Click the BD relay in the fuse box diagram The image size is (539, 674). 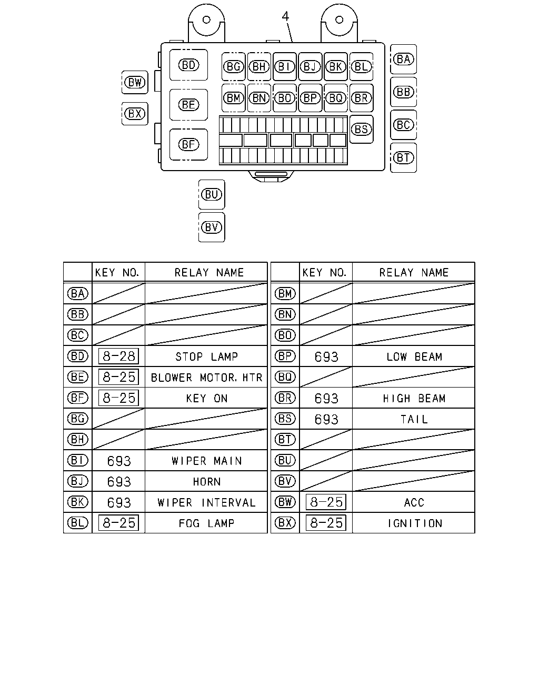point(188,65)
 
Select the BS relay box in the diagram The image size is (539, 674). point(361,129)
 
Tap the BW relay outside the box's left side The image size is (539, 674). point(135,82)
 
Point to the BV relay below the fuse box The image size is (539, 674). point(212,227)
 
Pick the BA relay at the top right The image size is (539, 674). point(403,59)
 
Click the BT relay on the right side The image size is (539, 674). point(403,157)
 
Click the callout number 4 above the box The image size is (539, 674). point(285,16)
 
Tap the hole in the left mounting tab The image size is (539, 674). point(206,19)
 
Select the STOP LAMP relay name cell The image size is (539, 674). point(206,356)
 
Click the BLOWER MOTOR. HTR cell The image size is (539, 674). point(206,378)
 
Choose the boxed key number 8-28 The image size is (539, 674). point(119,356)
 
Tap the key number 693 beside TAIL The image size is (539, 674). point(326,419)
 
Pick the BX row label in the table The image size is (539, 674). point(285,523)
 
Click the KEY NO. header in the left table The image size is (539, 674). point(117,272)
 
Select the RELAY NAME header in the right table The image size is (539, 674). point(414,272)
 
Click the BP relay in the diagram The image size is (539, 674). point(310,98)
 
